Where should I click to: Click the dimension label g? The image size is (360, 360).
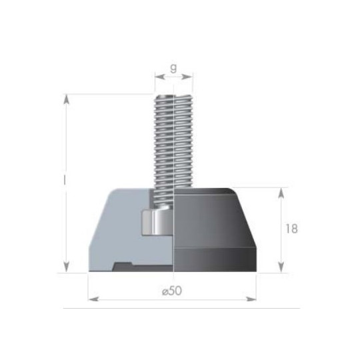(x=173, y=67)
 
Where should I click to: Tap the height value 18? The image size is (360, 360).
(x=291, y=229)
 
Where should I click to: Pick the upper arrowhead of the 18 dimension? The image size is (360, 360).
(x=283, y=192)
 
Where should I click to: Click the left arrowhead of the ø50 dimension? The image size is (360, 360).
(x=93, y=298)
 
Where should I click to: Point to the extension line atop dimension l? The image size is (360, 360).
(x=107, y=93)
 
